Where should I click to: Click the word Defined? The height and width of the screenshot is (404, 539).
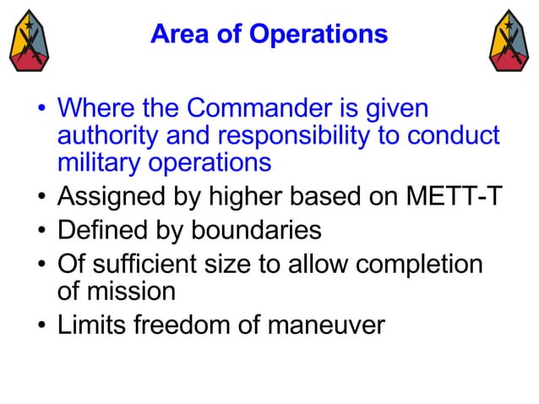click(x=101, y=230)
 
